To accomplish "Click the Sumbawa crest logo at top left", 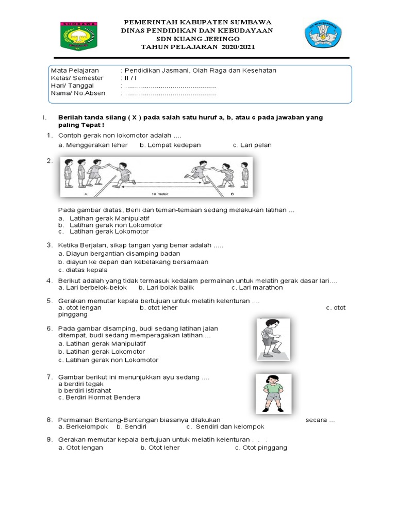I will click(79, 36).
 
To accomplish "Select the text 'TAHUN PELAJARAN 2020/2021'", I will click(199, 47).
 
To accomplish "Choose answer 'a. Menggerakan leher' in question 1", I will click(93, 145).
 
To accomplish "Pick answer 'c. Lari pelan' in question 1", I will click(252, 145).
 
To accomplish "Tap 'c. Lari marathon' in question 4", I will click(257, 287).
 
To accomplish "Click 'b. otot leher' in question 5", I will click(158, 307).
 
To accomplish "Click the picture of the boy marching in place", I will click(273, 338).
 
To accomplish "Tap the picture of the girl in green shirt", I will click(273, 394).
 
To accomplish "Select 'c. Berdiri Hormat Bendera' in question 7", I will click(99, 398).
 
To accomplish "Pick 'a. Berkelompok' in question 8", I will click(82, 427).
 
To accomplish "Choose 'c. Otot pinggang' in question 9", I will click(261, 448).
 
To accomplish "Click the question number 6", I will click(49, 328).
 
